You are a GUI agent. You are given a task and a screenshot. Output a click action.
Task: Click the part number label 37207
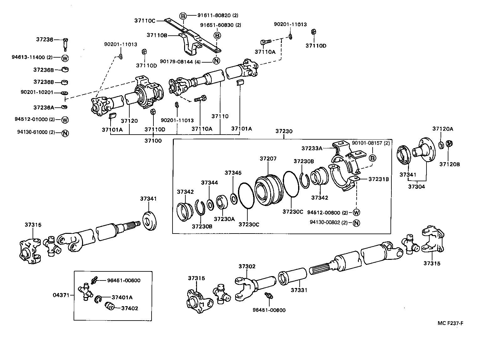click(x=268, y=159)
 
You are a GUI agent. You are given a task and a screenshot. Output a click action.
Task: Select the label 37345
click(x=233, y=173)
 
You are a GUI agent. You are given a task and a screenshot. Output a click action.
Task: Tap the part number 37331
click(x=299, y=290)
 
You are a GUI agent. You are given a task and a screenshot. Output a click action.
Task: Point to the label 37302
click(x=247, y=266)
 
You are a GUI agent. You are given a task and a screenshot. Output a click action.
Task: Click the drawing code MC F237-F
click(x=450, y=323)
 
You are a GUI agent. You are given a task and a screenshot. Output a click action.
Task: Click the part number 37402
click(x=130, y=308)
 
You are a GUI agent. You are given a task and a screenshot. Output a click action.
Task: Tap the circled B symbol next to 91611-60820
click(x=183, y=16)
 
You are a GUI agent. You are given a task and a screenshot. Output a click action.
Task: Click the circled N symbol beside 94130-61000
click(x=65, y=133)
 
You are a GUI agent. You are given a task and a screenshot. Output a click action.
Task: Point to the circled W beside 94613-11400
click(x=65, y=58)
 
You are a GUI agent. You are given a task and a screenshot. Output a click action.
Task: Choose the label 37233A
click(x=312, y=148)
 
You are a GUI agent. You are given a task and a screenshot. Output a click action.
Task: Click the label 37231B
click(x=379, y=179)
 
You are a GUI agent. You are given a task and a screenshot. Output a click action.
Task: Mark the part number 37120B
click(x=449, y=164)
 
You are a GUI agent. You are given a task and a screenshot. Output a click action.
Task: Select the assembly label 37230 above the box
click(x=284, y=131)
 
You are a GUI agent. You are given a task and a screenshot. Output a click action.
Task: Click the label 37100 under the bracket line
click(x=153, y=141)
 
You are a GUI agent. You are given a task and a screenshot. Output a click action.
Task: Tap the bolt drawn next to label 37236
click(x=65, y=44)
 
